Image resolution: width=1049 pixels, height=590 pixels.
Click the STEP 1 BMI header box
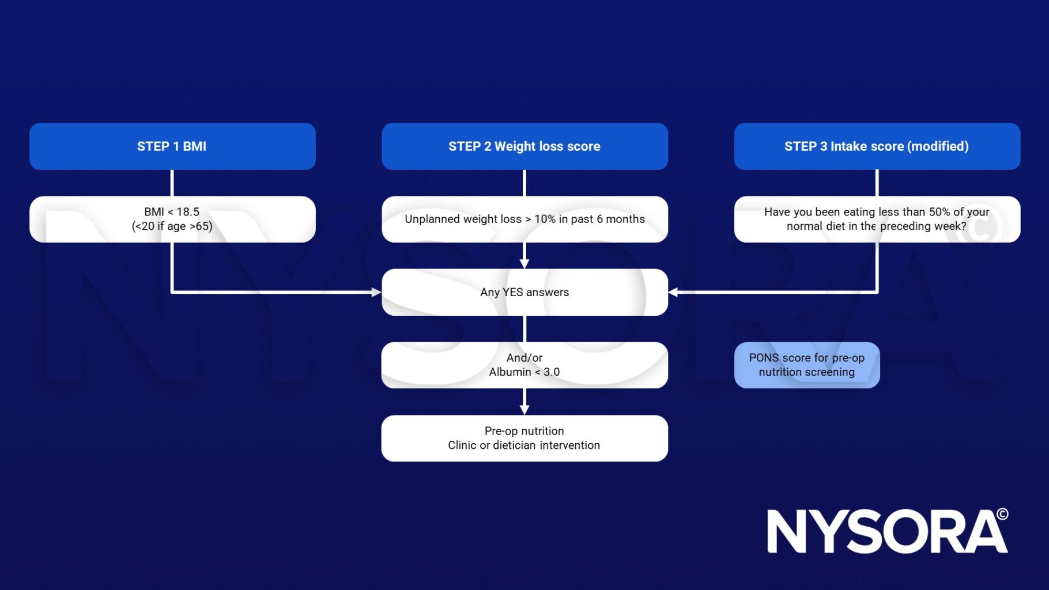pyautogui.click(x=172, y=146)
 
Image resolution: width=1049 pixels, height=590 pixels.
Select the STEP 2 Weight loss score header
pyautogui.click(x=524, y=146)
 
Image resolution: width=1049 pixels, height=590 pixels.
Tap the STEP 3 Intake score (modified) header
pyautogui.click(x=876, y=146)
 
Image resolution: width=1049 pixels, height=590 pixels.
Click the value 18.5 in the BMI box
pyautogui.click(x=188, y=212)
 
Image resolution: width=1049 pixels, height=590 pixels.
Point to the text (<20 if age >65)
pyautogui.click(x=172, y=226)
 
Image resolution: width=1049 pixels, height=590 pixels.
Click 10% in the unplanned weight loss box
pyautogui.click(x=545, y=220)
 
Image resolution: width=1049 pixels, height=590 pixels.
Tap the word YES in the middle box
pyautogui.click(x=512, y=292)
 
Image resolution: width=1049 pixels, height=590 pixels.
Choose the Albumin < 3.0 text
pyautogui.click(x=524, y=372)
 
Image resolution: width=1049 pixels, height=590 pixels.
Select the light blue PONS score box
pyautogui.click(x=806, y=365)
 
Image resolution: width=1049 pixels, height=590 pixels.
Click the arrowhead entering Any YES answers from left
pyautogui.click(x=376, y=292)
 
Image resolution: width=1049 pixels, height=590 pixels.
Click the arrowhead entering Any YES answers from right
pyautogui.click(x=673, y=292)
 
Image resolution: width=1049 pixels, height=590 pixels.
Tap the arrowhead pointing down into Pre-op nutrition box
pyautogui.click(x=524, y=410)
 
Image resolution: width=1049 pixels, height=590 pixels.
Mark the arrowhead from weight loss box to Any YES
pyautogui.click(x=524, y=264)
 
